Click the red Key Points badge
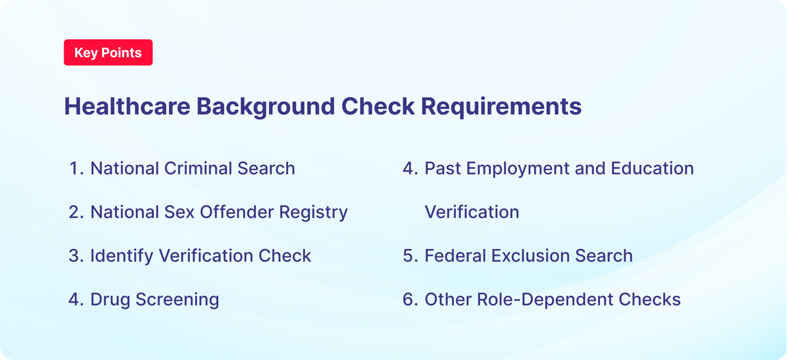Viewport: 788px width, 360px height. point(108,53)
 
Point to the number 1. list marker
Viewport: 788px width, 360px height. point(76,168)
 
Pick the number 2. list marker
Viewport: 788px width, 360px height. point(76,212)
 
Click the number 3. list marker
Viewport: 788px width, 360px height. point(76,256)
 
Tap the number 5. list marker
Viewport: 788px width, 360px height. point(410,256)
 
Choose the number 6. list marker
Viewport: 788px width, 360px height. point(410,299)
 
